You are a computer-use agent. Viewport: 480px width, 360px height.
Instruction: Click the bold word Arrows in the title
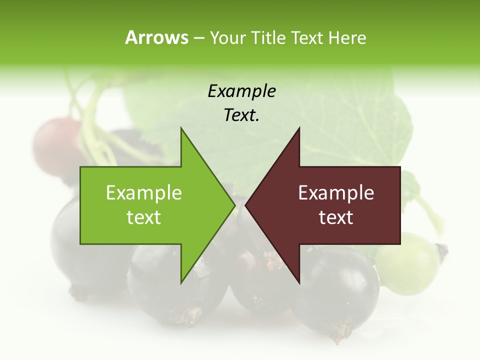156,37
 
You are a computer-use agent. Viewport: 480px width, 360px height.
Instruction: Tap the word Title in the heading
268,38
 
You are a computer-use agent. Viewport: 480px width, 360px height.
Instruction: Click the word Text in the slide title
307,38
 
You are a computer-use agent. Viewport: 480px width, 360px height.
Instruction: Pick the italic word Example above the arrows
241,91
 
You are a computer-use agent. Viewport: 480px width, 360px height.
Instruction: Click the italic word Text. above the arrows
241,115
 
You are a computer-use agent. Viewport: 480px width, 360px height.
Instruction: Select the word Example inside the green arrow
144,192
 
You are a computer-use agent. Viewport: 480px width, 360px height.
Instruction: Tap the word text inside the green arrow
144,217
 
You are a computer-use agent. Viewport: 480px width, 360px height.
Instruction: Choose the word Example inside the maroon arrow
336,192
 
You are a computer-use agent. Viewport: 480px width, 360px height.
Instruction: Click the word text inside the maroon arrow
336,217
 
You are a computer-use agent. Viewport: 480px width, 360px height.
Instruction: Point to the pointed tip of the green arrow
234,205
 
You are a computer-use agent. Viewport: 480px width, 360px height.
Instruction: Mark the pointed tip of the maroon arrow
246,205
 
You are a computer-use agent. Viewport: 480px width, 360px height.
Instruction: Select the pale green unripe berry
407,262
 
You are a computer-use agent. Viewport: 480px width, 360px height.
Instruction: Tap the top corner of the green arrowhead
181,128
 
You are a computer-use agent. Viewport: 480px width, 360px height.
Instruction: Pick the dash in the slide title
199,38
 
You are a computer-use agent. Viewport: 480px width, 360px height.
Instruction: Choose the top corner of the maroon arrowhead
299,128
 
